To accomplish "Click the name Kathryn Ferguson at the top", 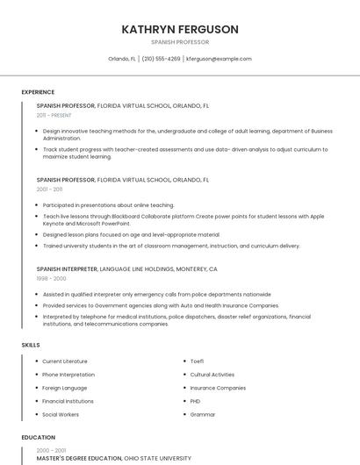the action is [180, 29].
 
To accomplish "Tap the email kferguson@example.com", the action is [219, 59].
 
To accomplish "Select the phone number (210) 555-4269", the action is [161, 59].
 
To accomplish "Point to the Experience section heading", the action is [38, 92].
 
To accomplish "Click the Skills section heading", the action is [31, 345].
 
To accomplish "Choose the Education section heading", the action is [38, 437].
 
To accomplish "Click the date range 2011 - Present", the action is [54, 115].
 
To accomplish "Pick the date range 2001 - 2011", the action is [49, 189].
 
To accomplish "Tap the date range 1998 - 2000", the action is [51, 278].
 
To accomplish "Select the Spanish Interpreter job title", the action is [67, 268].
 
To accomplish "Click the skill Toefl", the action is [197, 361].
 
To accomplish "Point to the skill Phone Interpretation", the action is [68, 375].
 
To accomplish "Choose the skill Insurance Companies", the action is [218, 388].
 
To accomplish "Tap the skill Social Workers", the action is [61, 414].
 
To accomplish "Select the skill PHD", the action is [196, 401].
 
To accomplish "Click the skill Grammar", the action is [203, 414].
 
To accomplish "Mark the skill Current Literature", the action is [65, 361].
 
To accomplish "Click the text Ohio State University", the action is [157, 458].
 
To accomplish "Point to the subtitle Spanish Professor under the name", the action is [180, 41].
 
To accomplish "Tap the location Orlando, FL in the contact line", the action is [122, 59].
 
